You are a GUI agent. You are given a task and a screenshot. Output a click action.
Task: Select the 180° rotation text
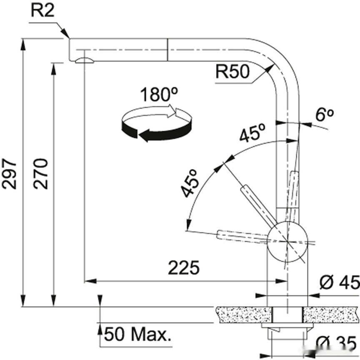156,95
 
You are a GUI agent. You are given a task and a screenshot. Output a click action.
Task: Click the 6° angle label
324,115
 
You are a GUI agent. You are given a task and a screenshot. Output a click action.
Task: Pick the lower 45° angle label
189,183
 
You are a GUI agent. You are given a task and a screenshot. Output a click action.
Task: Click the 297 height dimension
10,173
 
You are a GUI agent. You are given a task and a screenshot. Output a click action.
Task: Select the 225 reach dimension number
183,268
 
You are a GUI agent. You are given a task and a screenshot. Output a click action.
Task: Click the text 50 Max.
137,334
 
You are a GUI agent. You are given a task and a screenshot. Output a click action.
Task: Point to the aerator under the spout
85,61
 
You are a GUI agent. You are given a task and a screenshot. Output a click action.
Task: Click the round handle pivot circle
287,243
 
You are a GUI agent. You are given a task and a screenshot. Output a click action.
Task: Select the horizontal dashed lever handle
242,235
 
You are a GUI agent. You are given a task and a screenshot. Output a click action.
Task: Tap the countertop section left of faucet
242,314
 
